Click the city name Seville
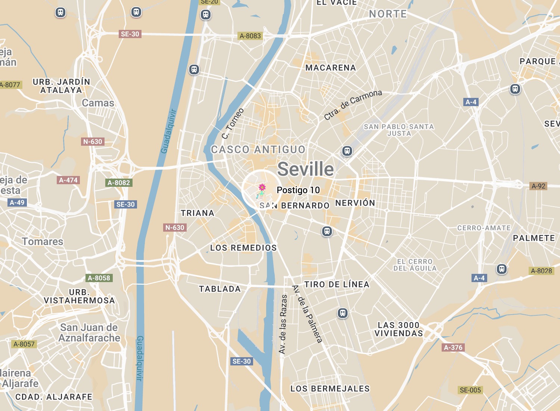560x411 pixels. [x=305, y=169]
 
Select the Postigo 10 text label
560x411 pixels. [x=298, y=190]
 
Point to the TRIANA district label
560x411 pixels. [x=197, y=213]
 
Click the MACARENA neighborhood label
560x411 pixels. [x=330, y=68]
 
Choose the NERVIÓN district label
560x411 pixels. [x=355, y=203]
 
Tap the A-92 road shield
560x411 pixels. [x=538, y=186]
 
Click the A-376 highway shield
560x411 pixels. [x=453, y=347]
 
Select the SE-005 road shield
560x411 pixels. [x=470, y=390]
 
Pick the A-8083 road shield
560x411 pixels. [x=250, y=36]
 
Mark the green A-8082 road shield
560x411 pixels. [x=119, y=183]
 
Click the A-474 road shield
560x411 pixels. [x=68, y=180]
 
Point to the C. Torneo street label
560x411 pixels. [x=233, y=123]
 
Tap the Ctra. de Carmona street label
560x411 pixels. [x=353, y=105]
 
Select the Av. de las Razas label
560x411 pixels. [x=283, y=324]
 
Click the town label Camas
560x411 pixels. [x=98, y=103]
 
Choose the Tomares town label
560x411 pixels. [x=43, y=242]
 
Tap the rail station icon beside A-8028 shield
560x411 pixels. [x=502, y=269]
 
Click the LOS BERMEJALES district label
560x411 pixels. [x=330, y=389]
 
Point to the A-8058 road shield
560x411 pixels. [x=99, y=278]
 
